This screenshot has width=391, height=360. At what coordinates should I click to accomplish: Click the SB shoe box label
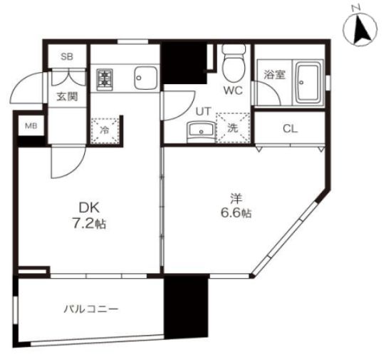click(67, 56)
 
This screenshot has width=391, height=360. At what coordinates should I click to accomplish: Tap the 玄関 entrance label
click(67, 97)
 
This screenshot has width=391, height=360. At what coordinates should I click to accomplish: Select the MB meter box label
click(31, 126)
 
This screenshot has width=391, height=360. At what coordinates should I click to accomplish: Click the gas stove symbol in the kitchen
click(105, 80)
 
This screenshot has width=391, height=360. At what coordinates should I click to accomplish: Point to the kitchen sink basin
click(146, 78)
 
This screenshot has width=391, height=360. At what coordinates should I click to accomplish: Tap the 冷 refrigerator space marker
click(105, 130)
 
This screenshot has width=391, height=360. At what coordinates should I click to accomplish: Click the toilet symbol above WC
click(233, 63)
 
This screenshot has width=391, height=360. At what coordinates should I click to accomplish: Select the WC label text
click(233, 91)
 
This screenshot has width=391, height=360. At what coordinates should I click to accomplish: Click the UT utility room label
click(204, 111)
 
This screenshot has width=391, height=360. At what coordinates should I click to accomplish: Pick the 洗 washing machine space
click(233, 128)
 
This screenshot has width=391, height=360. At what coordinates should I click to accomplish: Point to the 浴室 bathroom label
click(274, 75)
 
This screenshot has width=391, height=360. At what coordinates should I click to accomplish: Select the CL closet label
click(291, 129)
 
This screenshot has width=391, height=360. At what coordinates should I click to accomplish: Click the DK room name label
click(89, 207)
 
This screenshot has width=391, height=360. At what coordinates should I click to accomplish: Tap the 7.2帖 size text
click(89, 224)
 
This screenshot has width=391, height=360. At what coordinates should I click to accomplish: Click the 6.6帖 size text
click(236, 213)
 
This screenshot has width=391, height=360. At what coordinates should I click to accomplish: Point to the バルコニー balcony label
click(91, 309)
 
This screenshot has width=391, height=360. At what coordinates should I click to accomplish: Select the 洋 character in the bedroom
click(236, 199)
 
